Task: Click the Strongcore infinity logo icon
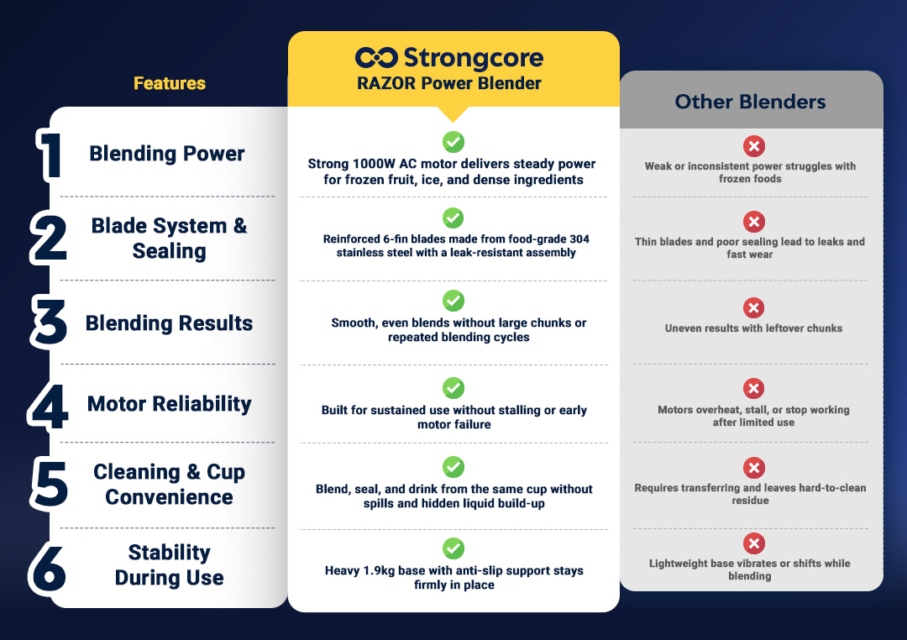(376, 58)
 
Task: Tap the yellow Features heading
(170, 83)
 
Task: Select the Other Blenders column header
(750, 102)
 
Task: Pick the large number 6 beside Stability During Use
(47, 569)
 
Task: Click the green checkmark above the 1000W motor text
(453, 142)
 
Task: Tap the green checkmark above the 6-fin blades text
(453, 218)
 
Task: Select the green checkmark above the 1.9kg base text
(453, 548)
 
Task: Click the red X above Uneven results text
(753, 308)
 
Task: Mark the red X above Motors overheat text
(753, 388)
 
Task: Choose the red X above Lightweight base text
(753, 543)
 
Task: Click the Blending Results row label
(169, 323)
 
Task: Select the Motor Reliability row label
(170, 404)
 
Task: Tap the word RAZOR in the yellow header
(386, 83)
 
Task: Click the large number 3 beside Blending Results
(49, 322)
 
